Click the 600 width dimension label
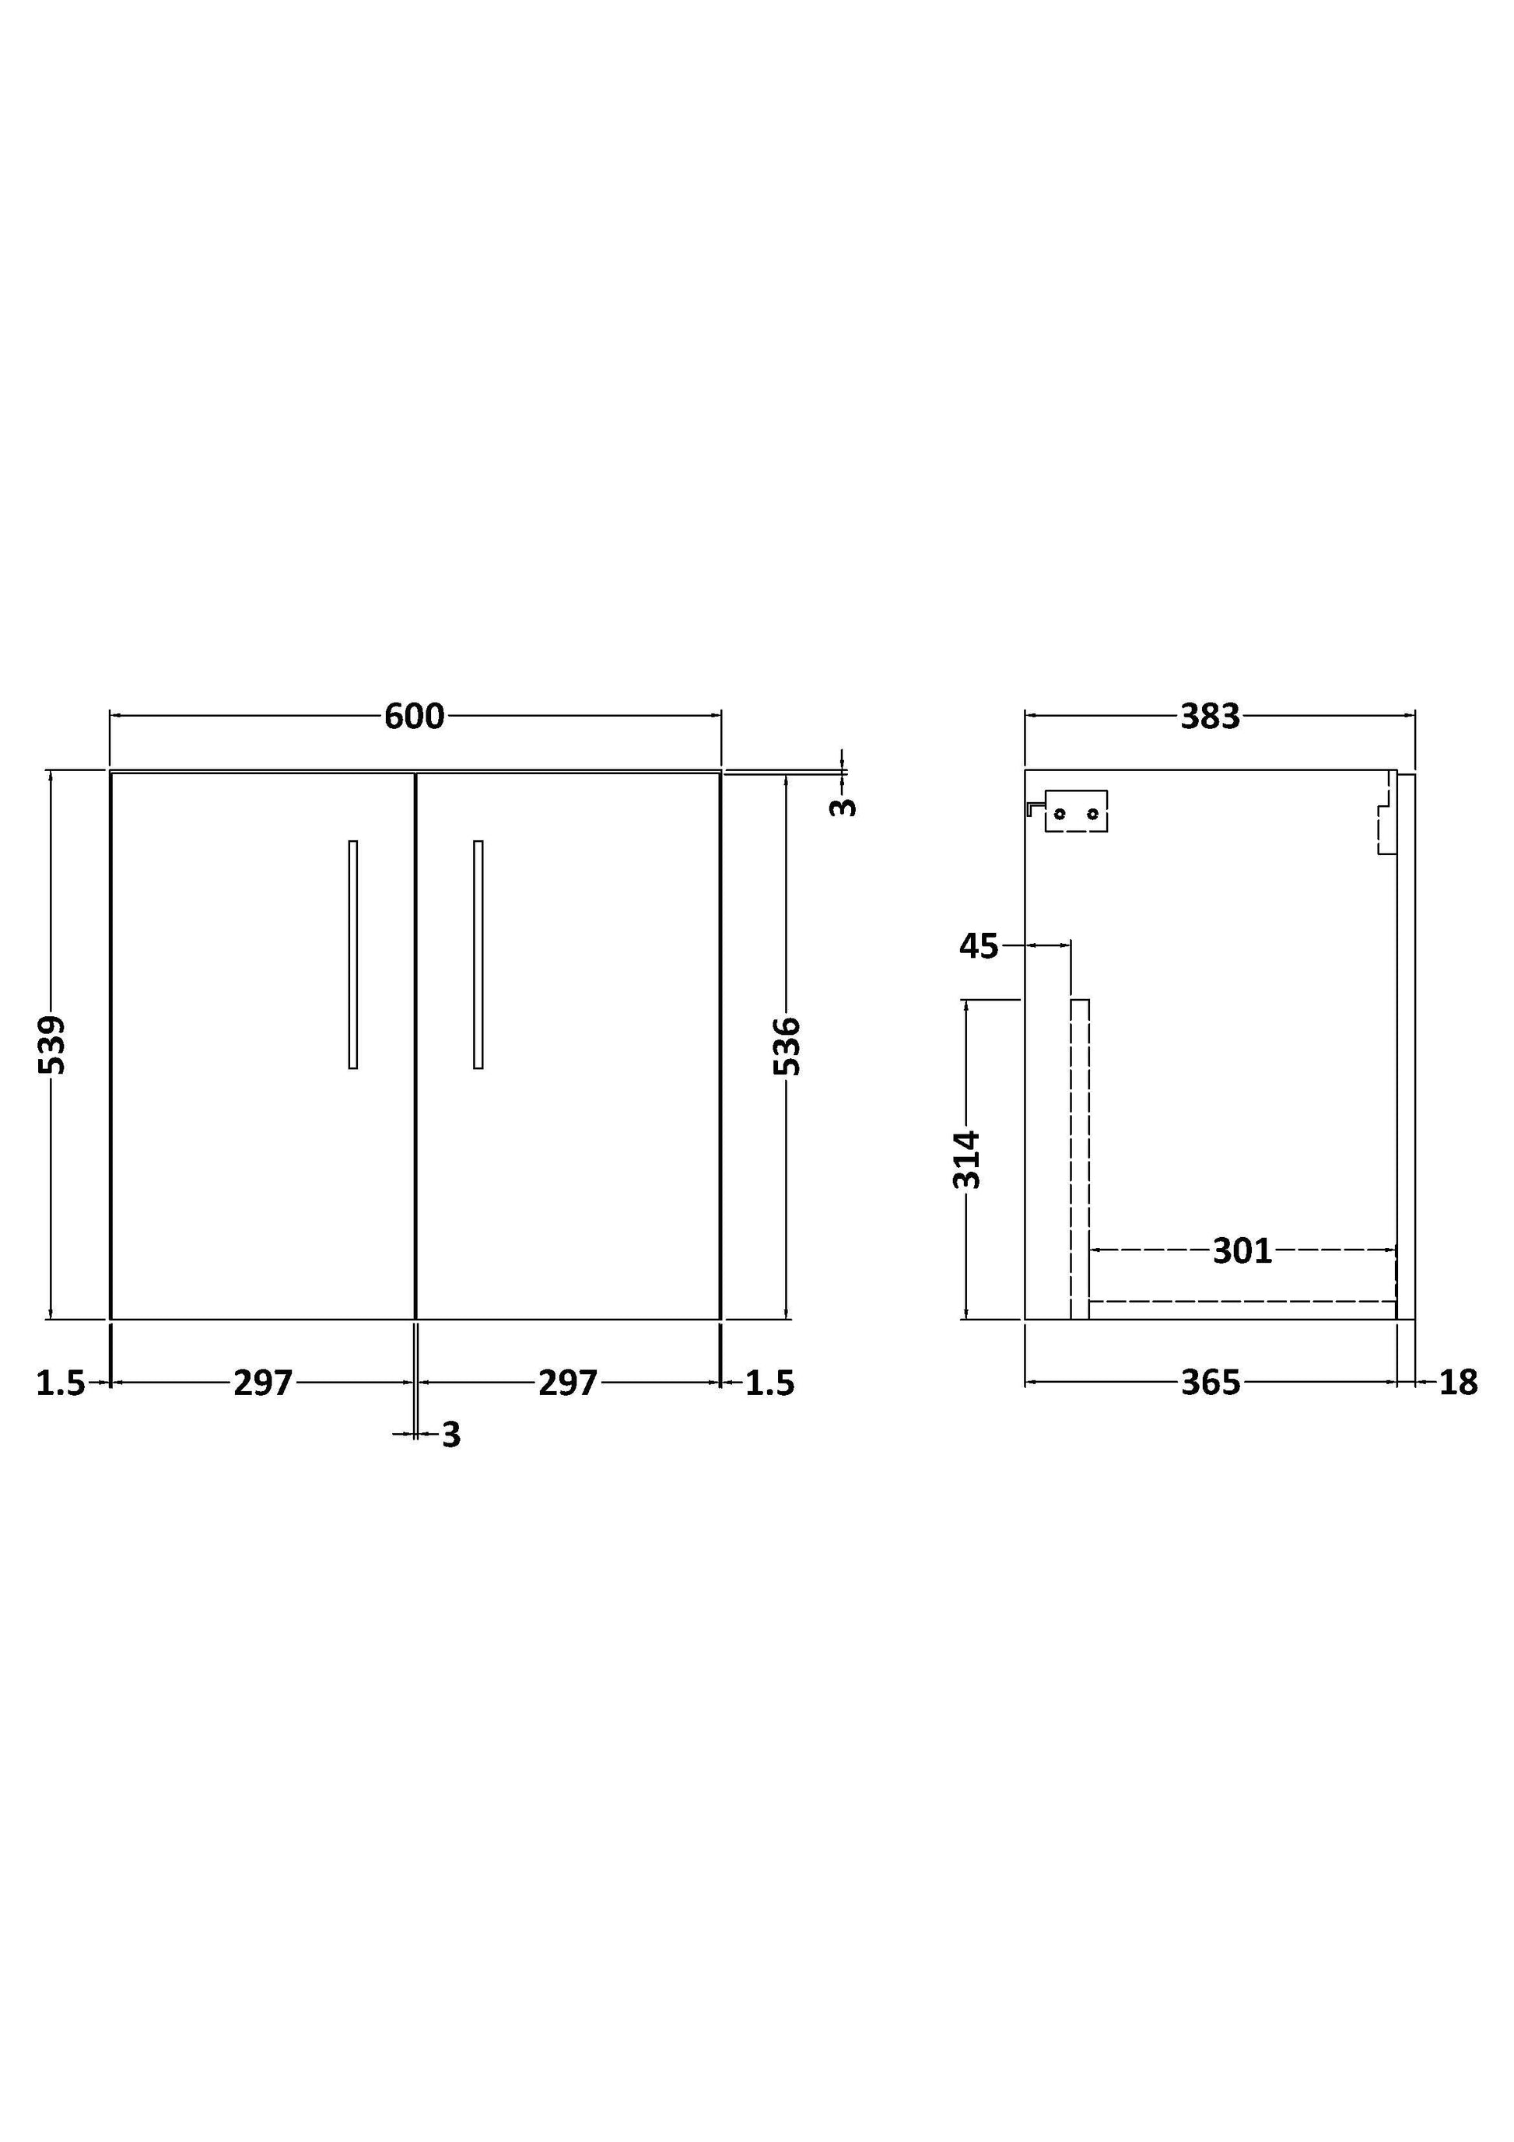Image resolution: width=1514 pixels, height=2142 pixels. [x=414, y=717]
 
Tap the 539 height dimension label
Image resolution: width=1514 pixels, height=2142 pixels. [x=53, y=1045]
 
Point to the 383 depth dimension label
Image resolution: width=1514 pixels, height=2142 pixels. [x=1210, y=717]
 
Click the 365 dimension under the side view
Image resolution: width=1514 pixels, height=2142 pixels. [x=1211, y=1383]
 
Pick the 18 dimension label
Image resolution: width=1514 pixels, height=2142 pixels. [x=1458, y=1383]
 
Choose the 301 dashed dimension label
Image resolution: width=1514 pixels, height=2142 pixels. [x=1242, y=1251]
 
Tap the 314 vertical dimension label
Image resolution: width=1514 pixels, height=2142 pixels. [x=967, y=1159]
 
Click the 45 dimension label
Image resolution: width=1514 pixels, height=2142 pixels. [x=979, y=946]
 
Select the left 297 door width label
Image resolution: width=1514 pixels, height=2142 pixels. [x=263, y=1383]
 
